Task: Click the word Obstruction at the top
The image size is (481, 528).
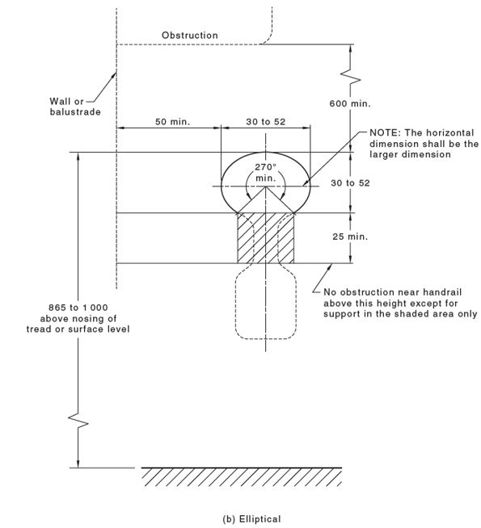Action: pyautogui.click(x=190, y=36)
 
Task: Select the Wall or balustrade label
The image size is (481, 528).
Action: pyautogui.click(x=74, y=107)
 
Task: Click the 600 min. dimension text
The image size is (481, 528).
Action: pyautogui.click(x=349, y=104)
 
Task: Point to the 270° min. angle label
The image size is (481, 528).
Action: pyautogui.click(x=265, y=171)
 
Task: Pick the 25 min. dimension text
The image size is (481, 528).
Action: pyautogui.click(x=349, y=237)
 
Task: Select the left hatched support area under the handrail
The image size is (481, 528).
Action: pyautogui.click(x=246, y=238)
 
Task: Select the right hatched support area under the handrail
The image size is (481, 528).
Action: pyautogui.click(x=286, y=238)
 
